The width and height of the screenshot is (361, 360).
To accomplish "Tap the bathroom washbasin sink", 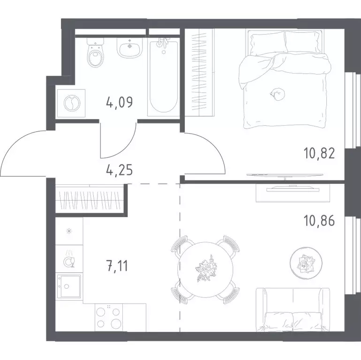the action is click(130, 48).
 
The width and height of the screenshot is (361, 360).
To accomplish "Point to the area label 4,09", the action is click(120, 103).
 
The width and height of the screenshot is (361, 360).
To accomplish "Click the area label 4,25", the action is click(120, 170).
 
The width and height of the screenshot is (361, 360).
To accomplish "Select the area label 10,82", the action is click(319, 153).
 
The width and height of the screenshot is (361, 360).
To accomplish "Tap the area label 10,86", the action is click(319, 221).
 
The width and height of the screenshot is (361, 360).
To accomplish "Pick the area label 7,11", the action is click(117, 266).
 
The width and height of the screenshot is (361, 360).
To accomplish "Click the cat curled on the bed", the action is click(278, 94).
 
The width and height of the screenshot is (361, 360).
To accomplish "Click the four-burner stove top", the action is click(109, 318).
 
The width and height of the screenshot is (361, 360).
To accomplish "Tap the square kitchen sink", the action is click(68, 286).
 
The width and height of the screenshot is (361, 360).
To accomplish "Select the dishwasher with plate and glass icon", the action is click(69, 259).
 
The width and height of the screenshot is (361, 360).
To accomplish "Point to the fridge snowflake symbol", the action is click(69, 231).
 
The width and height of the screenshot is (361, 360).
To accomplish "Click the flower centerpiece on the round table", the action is click(205, 269).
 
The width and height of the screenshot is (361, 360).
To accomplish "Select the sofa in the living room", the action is click(293, 310).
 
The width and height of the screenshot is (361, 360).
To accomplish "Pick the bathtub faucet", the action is click(163, 44).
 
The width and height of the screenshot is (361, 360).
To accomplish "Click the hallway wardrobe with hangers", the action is click(90, 198).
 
